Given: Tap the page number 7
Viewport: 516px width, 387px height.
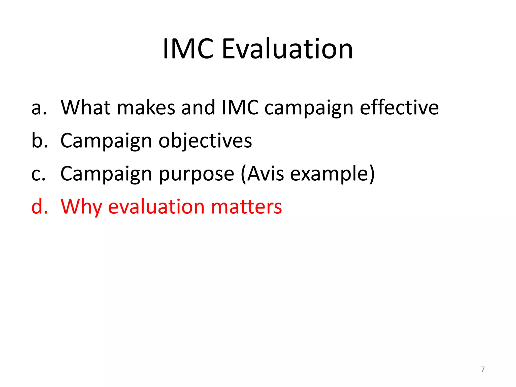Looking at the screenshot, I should point(483,369).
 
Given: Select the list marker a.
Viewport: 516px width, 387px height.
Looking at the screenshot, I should point(39,108).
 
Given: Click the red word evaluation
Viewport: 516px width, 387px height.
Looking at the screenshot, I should point(156,207).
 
